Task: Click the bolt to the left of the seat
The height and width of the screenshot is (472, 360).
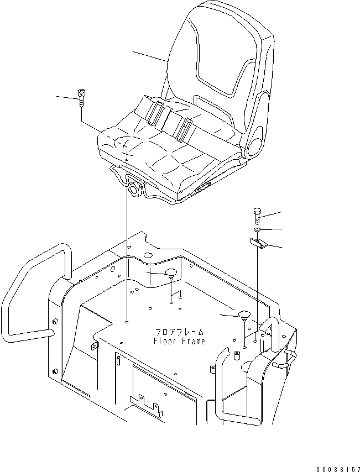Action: (82, 97)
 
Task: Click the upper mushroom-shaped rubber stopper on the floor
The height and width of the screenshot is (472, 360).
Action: (171, 272)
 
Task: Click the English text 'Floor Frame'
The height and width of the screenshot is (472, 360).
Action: (179, 341)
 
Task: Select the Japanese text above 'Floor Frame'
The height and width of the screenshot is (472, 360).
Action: (179, 332)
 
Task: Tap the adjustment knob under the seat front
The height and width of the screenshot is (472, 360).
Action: (134, 188)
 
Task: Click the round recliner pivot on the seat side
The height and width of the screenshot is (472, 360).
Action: (255, 147)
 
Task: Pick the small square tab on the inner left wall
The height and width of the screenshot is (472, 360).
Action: (92, 345)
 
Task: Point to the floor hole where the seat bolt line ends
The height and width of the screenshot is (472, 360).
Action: (127, 321)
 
